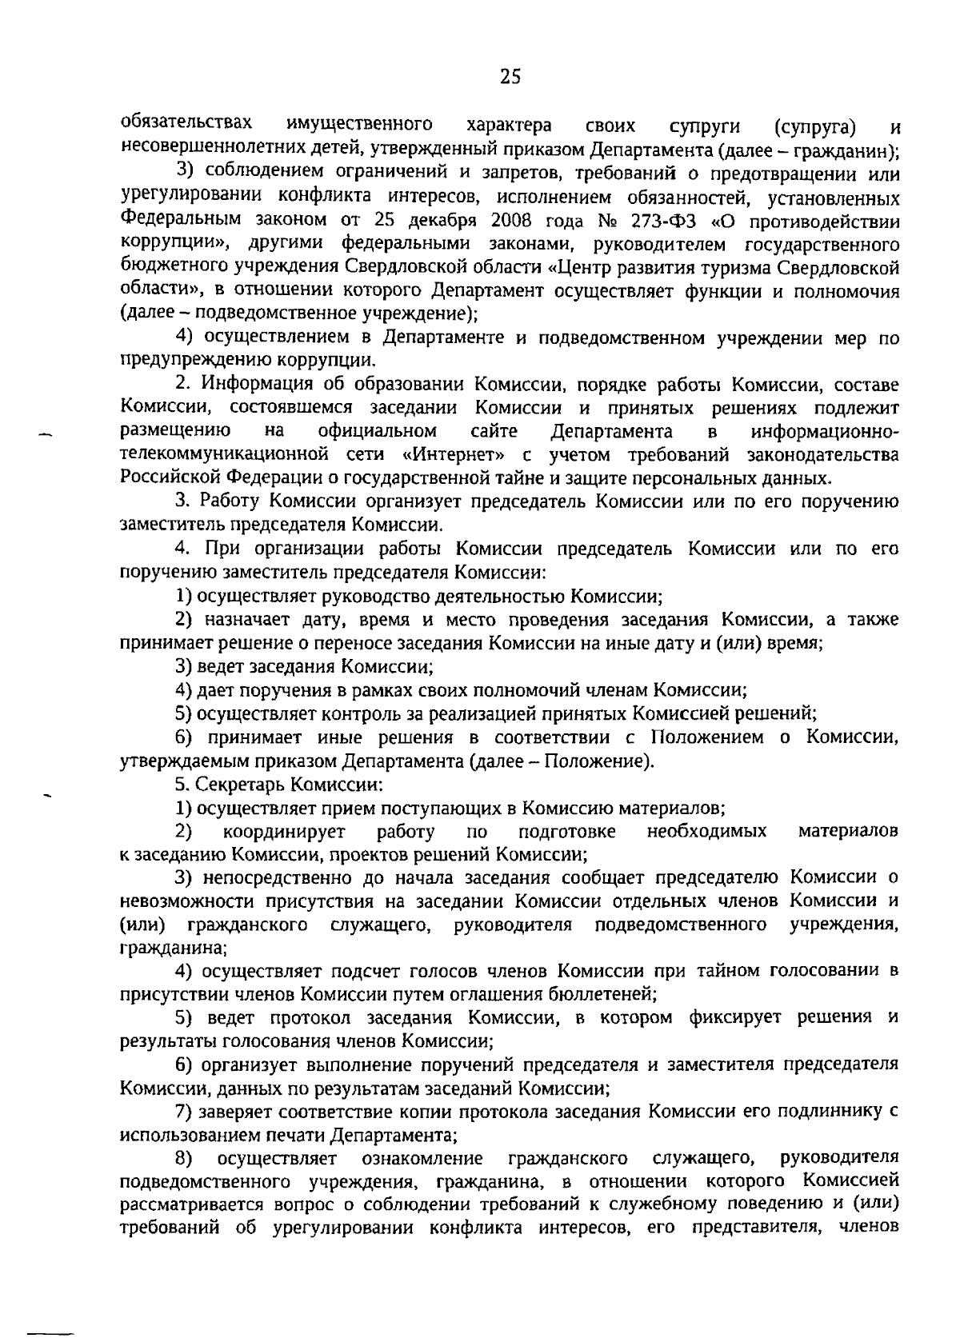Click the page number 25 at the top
pos(510,77)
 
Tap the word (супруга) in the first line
pos(815,126)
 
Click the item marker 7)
pos(184,1112)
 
